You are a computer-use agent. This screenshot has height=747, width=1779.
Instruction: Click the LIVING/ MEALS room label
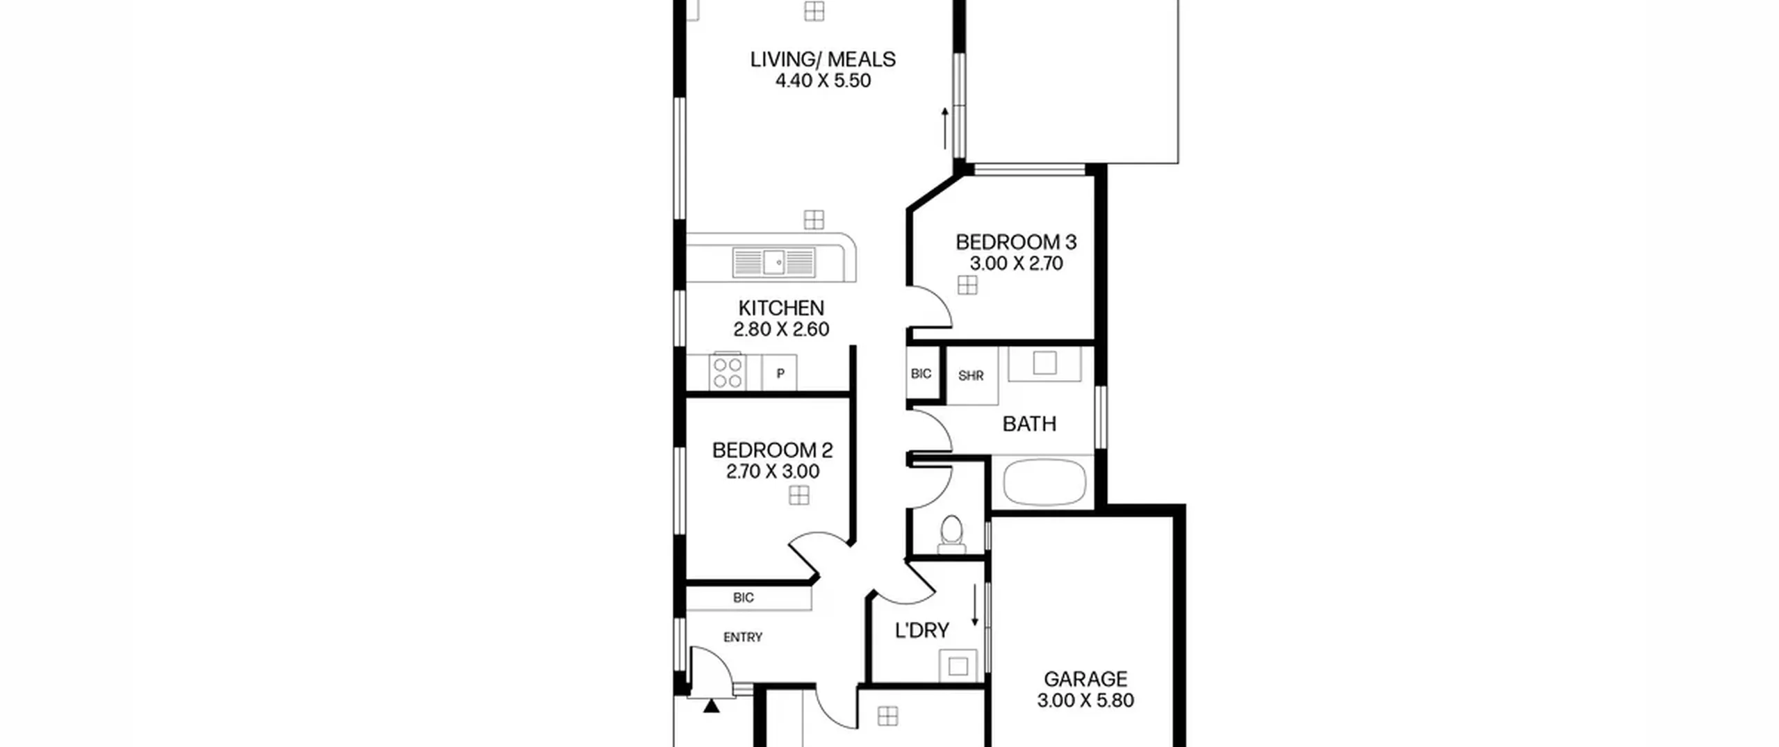pyautogui.click(x=823, y=59)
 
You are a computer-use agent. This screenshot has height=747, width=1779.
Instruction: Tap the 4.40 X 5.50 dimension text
pyautogui.click(x=823, y=81)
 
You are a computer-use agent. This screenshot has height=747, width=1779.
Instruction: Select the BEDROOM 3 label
pyautogui.click(x=1016, y=242)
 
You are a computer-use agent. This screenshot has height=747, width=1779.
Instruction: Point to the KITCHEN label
pyautogui.click(x=781, y=308)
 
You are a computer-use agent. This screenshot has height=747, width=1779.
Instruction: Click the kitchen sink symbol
pyautogui.click(x=773, y=263)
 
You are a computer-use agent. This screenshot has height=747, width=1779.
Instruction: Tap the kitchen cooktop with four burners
pyautogui.click(x=727, y=372)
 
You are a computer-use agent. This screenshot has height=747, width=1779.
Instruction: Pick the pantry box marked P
pyautogui.click(x=780, y=373)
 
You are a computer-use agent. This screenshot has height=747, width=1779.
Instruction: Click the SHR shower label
pyautogui.click(x=971, y=376)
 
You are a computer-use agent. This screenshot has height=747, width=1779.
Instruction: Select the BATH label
pyautogui.click(x=1029, y=424)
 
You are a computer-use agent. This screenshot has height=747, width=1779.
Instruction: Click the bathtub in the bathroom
pyautogui.click(x=1044, y=482)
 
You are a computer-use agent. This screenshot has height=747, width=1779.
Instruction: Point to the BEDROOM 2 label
pyautogui.click(x=772, y=450)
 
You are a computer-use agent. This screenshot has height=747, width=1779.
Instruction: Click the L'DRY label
pyautogui.click(x=921, y=630)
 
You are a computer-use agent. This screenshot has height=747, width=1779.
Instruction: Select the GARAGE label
pyautogui.click(x=1085, y=679)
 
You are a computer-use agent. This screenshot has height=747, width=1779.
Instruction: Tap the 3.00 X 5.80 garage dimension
pyautogui.click(x=1085, y=700)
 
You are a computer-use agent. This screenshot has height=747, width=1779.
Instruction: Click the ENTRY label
pyautogui.click(x=743, y=637)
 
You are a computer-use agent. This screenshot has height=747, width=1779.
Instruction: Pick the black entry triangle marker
pyautogui.click(x=711, y=706)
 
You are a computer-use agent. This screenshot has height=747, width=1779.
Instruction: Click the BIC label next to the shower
pyautogui.click(x=921, y=374)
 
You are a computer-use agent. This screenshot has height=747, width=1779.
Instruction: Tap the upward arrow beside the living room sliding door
pyautogui.click(x=944, y=129)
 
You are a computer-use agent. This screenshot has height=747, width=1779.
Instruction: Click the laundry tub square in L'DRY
pyautogui.click(x=958, y=666)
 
